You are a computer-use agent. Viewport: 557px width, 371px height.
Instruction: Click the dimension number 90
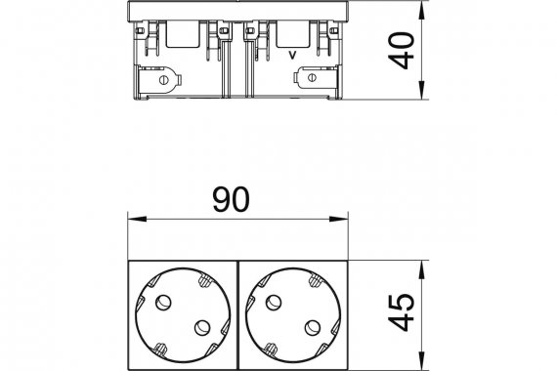231,200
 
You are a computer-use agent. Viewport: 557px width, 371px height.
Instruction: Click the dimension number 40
402,51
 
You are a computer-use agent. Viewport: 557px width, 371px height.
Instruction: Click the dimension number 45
402,312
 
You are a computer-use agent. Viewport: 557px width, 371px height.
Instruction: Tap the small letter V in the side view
292,55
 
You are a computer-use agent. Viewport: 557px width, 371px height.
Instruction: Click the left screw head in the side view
164,80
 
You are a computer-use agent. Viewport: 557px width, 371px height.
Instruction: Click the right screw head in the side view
312,77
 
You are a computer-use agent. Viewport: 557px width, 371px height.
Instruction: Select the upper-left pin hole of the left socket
163,302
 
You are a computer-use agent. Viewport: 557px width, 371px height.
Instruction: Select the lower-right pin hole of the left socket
202,328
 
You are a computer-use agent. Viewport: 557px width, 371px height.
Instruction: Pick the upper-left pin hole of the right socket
274,302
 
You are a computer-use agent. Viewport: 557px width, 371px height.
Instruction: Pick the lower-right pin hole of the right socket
313,328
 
